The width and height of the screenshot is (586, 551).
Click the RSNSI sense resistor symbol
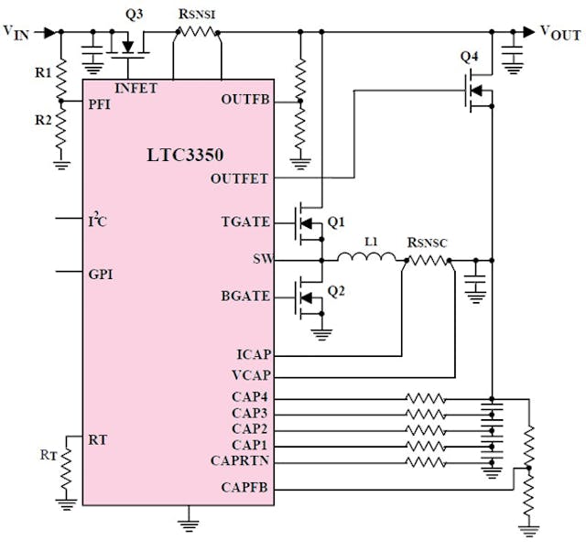[x=197, y=32]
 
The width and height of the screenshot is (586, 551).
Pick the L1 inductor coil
[x=370, y=259]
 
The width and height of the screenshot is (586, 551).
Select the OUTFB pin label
[x=245, y=100]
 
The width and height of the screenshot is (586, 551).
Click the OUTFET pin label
[x=240, y=178]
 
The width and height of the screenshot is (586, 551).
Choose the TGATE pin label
[x=245, y=222]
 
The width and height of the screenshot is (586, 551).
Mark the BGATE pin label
[x=245, y=297]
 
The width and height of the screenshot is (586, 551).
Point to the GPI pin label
[x=101, y=274]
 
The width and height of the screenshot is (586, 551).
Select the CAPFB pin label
[x=245, y=488]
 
